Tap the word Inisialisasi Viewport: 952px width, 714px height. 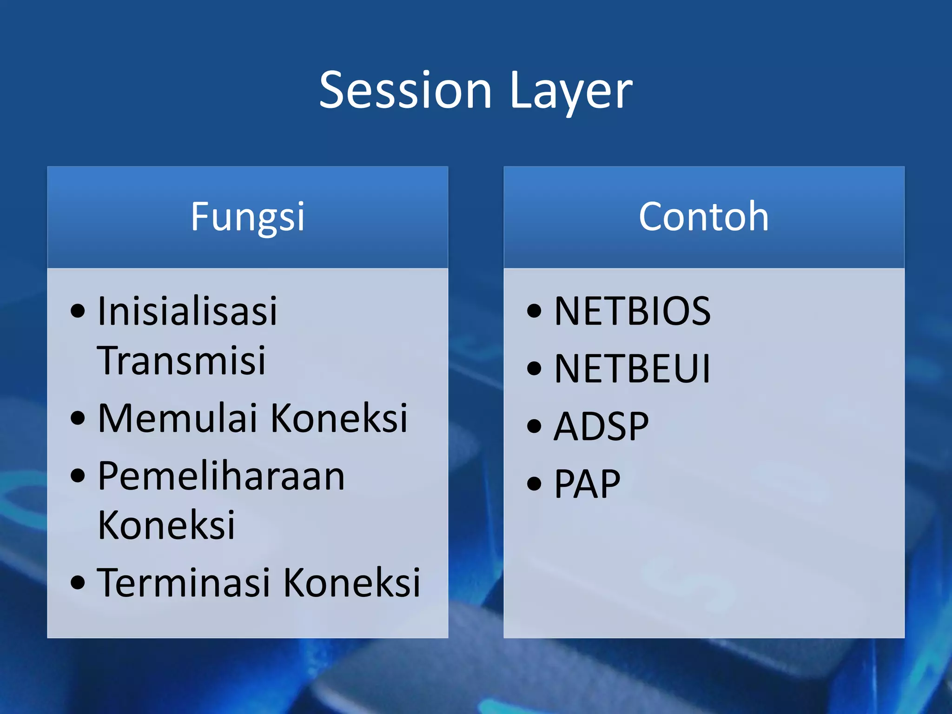coord(187,311)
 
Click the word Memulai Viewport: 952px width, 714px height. coord(178,418)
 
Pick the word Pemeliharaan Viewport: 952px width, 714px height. coord(221,476)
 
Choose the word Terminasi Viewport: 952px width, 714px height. coord(184,582)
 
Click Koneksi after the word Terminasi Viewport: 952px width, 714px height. coord(351,582)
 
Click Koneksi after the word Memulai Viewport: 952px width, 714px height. coord(339,418)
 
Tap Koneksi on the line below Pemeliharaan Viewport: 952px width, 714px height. coord(166,525)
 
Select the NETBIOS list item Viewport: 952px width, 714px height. coord(632,311)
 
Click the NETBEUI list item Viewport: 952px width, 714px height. coord(632,369)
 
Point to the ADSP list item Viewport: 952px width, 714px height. coord(601,426)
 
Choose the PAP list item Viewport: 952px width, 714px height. coord(587,484)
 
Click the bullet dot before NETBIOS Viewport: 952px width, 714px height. coord(535,311)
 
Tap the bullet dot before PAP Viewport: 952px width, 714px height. coord(535,484)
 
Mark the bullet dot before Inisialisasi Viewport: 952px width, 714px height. coord(78,311)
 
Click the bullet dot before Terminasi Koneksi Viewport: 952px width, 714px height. coord(78,582)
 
